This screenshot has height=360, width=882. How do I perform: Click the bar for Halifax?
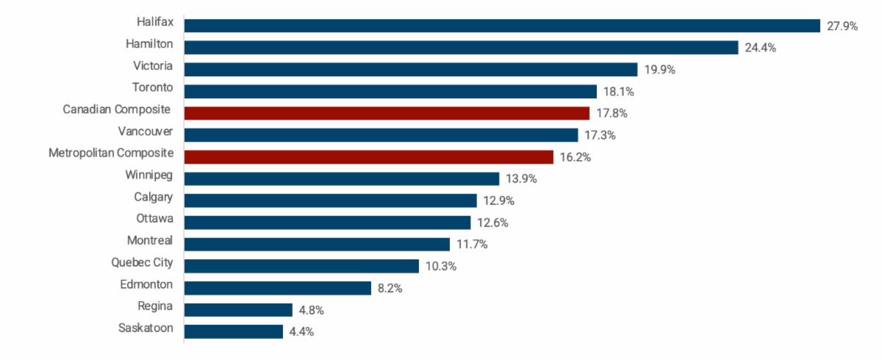(x=502, y=26)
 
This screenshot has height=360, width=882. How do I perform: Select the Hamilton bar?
(x=461, y=48)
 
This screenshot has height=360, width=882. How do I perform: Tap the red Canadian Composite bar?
(x=387, y=113)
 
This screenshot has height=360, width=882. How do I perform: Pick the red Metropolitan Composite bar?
(x=368, y=157)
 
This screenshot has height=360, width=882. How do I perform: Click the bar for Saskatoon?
(x=234, y=331)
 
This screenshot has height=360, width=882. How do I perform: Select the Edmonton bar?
(x=278, y=288)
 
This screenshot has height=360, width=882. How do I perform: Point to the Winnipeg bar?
(x=342, y=179)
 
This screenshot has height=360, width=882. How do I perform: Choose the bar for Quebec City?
(x=301, y=266)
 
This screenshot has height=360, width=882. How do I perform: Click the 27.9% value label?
(x=842, y=26)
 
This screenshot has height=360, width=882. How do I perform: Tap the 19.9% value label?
(x=659, y=70)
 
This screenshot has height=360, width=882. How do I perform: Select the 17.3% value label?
(x=600, y=135)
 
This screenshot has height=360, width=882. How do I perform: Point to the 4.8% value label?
(x=311, y=310)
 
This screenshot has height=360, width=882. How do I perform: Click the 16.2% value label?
(x=576, y=157)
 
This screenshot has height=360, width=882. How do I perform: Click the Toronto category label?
(x=152, y=87)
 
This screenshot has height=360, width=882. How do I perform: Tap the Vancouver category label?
(x=146, y=132)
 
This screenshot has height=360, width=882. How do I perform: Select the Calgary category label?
(x=154, y=197)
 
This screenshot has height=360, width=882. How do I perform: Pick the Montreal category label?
(x=150, y=240)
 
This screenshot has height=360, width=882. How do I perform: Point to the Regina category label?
(x=155, y=306)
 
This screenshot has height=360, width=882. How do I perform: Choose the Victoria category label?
(x=153, y=66)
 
